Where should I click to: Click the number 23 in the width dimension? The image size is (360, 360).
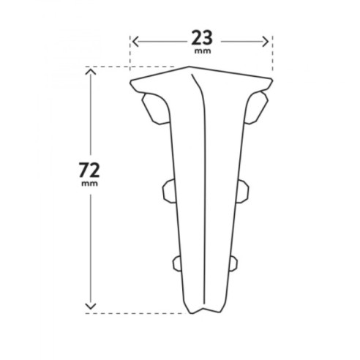pyautogui.click(x=202, y=38)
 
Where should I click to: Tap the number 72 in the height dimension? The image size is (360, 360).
pyautogui.click(x=89, y=170)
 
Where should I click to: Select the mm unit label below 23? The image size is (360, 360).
pyautogui.click(x=203, y=51)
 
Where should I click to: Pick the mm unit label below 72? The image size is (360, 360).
pyautogui.click(x=89, y=184)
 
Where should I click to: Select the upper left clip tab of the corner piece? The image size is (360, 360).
pyautogui.click(x=156, y=109)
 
